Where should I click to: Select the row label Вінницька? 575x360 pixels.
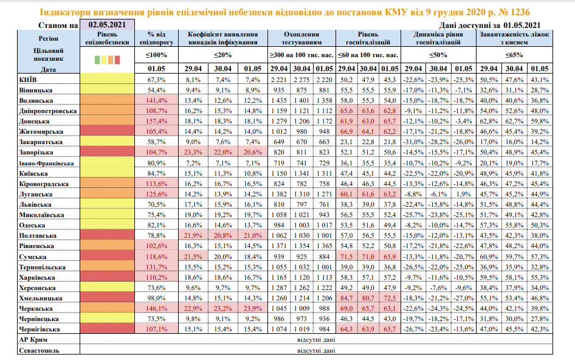point(36,89)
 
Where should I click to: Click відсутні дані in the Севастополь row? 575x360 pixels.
point(315,350)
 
